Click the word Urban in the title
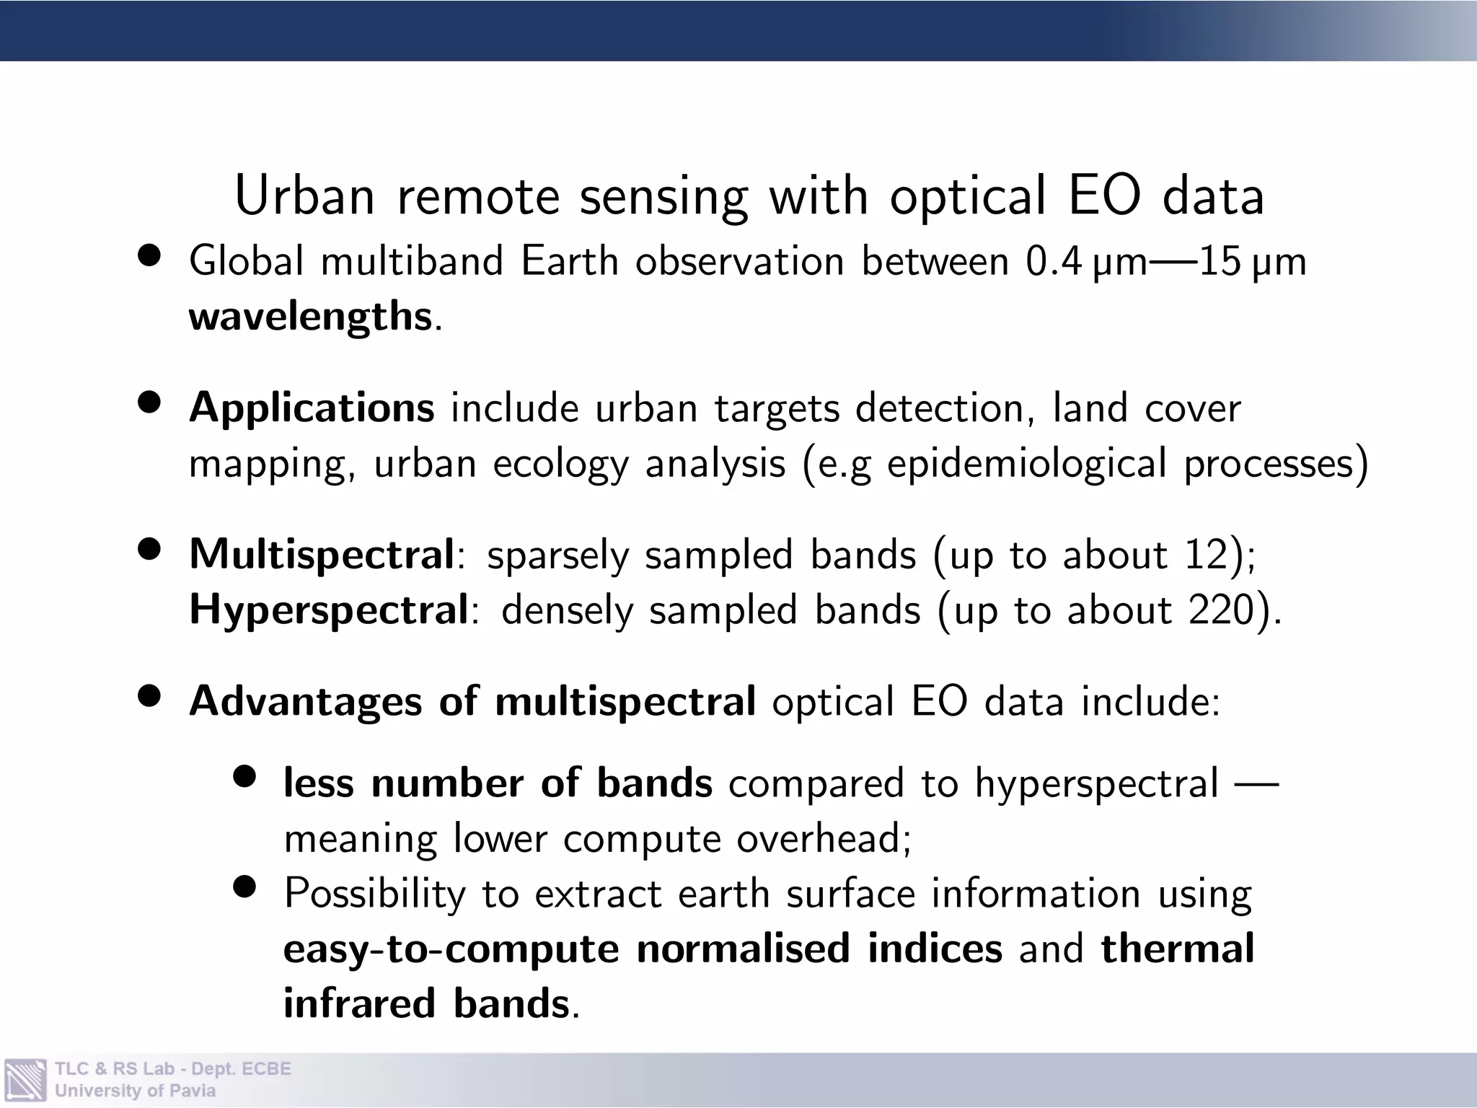click(304, 196)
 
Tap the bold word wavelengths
click(310, 316)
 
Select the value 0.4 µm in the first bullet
click(1086, 261)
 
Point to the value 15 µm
click(1252, 261)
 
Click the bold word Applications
click(312, 408)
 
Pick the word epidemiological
click(1026, 464)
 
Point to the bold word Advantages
click(305, 701)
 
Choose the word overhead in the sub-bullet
click(818, 839)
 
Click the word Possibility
click(375, 894)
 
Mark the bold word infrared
click(359, 1003)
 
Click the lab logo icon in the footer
click(25, 1080)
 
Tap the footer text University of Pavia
click(135, 1091)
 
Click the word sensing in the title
click(663, 196)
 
